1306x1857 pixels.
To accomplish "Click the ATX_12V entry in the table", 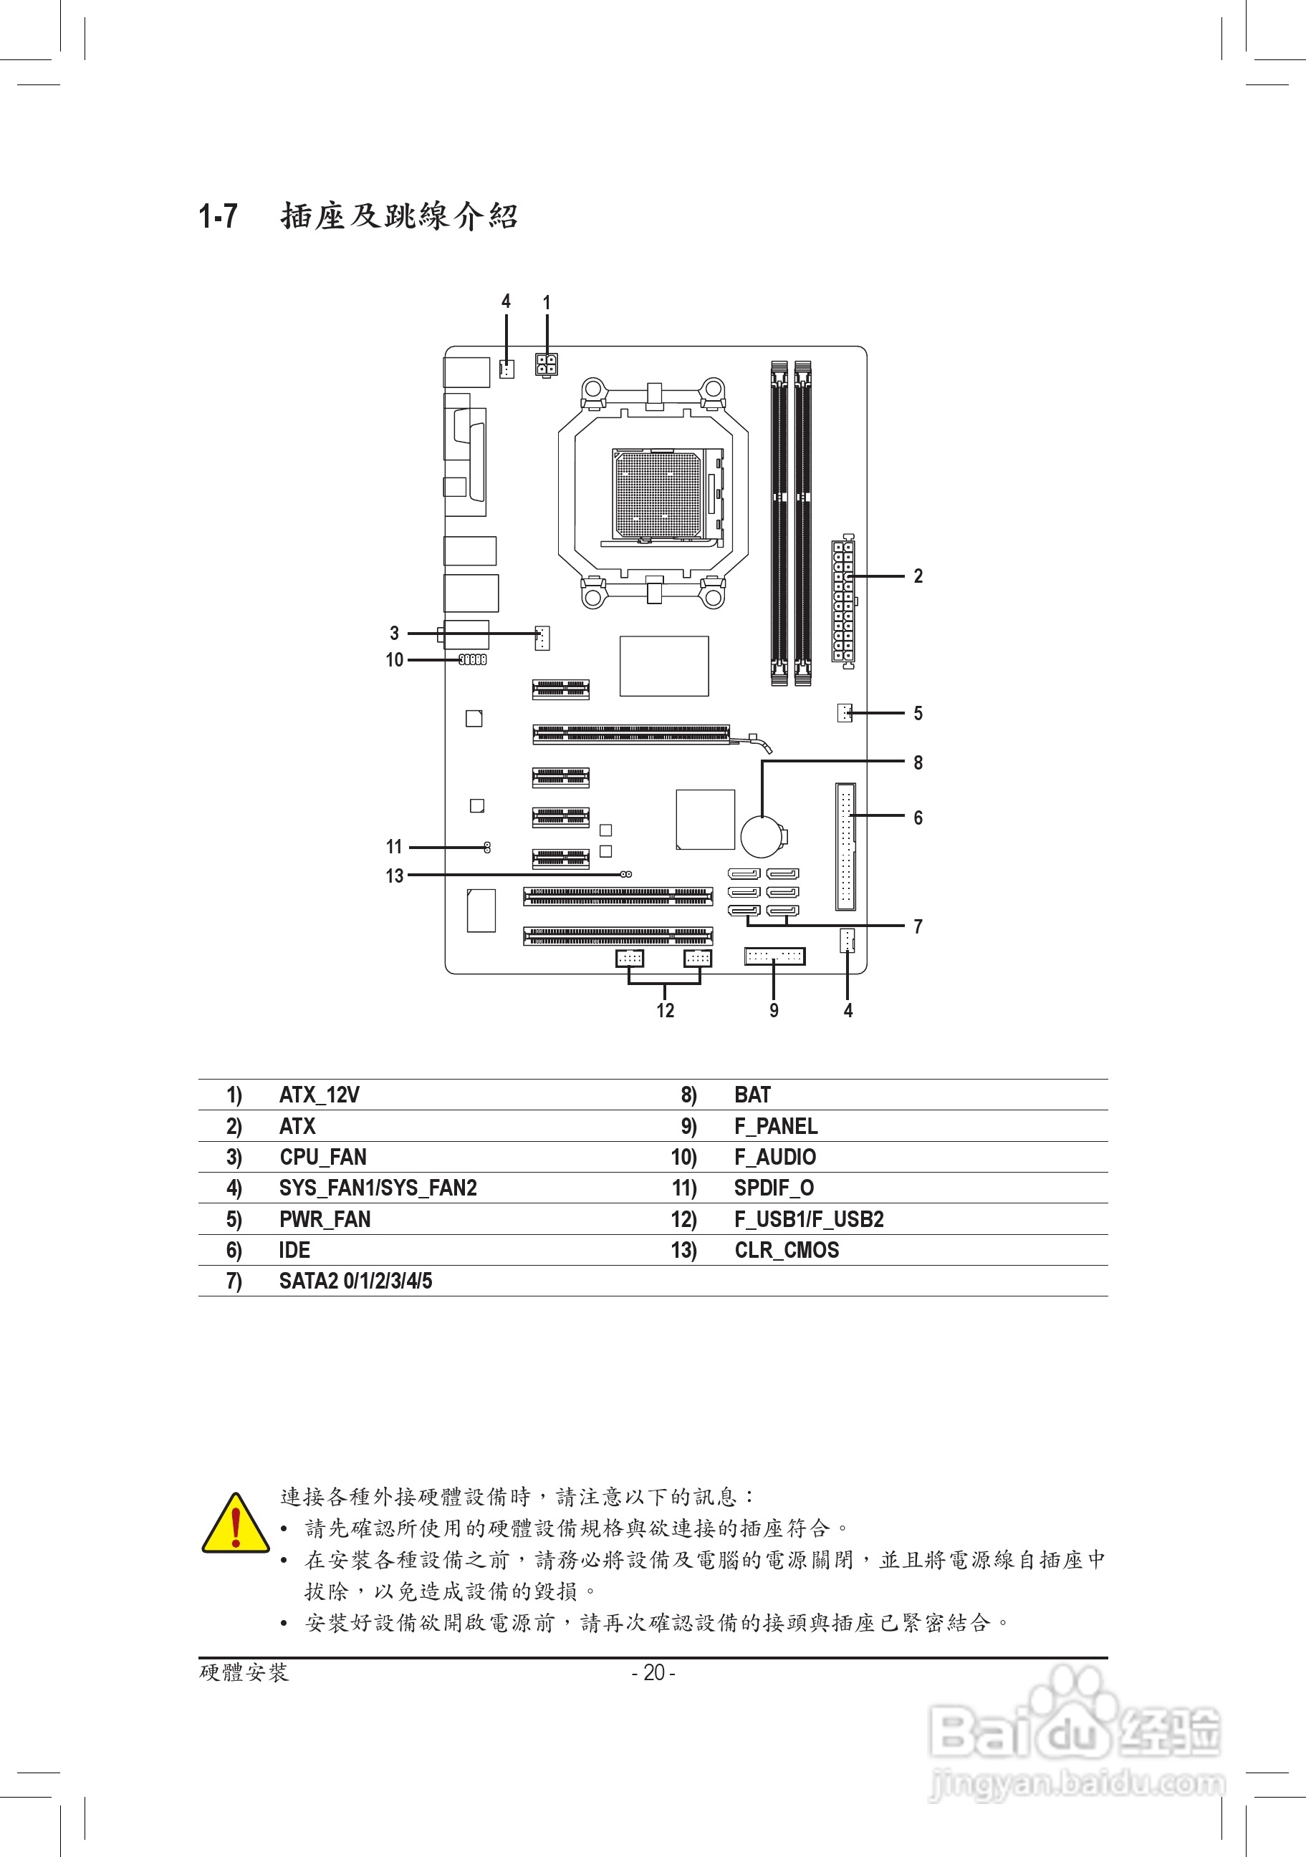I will tap(319, 1095).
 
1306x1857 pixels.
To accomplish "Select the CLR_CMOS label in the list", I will tap(786, 1251).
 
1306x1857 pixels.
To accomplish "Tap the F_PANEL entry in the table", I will tap(775, 1126).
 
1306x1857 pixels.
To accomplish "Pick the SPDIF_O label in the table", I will tap(774, 1188).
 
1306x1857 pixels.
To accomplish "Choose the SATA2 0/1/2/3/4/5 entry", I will tap(355, 1281).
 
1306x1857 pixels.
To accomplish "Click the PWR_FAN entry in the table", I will tap(325, 1220).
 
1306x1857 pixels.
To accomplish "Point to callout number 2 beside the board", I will tap(918, 576).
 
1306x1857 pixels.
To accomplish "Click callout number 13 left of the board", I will tap(394, 876).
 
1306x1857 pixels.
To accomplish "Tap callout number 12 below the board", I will tap(665, 1010).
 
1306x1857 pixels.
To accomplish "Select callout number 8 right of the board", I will tap(918, 762).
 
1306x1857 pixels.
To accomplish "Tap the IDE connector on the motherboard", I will tap(845, 846).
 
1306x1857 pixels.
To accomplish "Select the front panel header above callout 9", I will tap(774, 956).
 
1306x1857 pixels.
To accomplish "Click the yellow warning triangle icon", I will tap(236, 1526).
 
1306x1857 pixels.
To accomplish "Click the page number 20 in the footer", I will tap(653, 1672).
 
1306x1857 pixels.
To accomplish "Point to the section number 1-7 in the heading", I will tap(219, 217).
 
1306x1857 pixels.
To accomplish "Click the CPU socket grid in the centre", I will tap(657, 495).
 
